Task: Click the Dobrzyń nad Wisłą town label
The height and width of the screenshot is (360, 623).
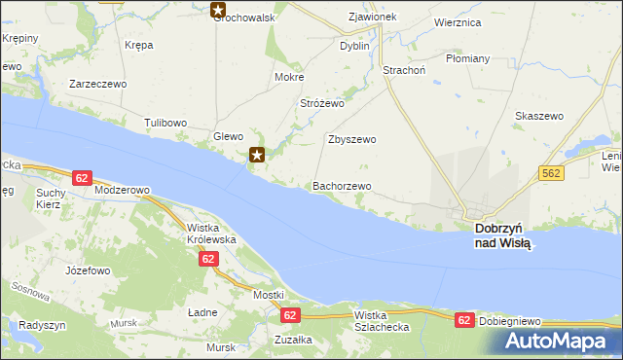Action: tap(503, 235)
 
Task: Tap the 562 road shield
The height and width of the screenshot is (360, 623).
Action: tap(550, 172)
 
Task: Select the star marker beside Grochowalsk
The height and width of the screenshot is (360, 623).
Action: tap(219, 12)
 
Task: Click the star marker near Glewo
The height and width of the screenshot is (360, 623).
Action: tap(257, 154)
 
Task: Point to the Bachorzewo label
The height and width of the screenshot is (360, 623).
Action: tap(342, 186)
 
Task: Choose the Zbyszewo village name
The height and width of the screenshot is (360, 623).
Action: tap(352, 139)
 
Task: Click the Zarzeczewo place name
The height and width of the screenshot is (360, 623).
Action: tap(98, 84)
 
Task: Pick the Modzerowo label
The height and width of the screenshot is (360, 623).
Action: tap(123, 190)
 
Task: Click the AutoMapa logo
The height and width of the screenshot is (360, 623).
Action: tap(557, 341)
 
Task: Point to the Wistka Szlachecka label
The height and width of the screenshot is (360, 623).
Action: tap(389, 321)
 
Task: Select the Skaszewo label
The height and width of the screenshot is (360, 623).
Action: tap(539, 116)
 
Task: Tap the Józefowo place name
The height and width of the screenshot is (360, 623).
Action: tap(83, 270)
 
